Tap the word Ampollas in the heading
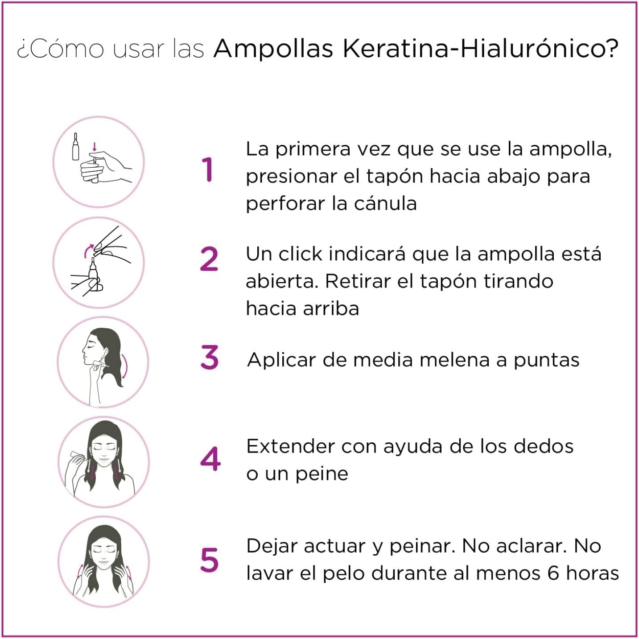click(273, 48)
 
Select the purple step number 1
click(207, 169)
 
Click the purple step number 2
click(209, 259)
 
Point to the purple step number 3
click(210, 358)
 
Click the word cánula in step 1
click(385, 203)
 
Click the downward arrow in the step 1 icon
click(95, 147)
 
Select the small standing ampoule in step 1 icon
click(76, 147)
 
